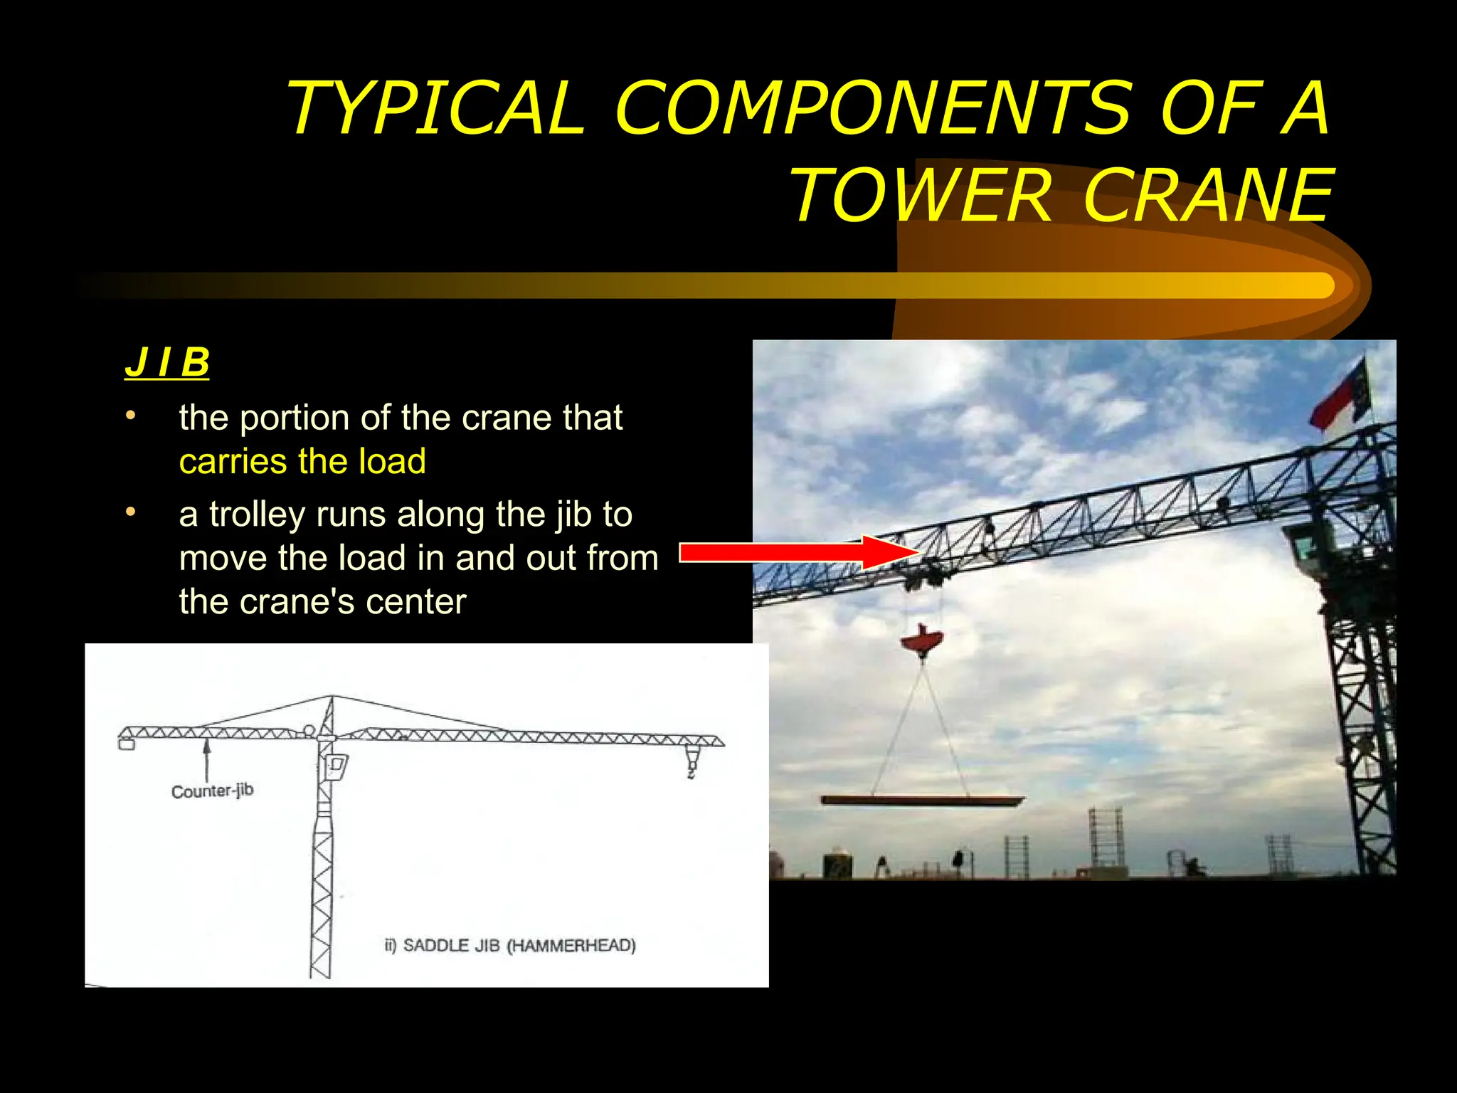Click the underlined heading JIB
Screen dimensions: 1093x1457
click(x=167, y=362)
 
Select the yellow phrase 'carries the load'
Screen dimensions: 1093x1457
click(x=302, y=461)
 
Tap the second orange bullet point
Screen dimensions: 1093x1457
click(x=130, y=512)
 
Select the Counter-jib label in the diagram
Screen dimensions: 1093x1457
click(x=212, y=791)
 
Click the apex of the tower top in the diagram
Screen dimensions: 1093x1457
click(x=332, y=698)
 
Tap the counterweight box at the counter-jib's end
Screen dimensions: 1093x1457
click(x=127, y=744)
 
